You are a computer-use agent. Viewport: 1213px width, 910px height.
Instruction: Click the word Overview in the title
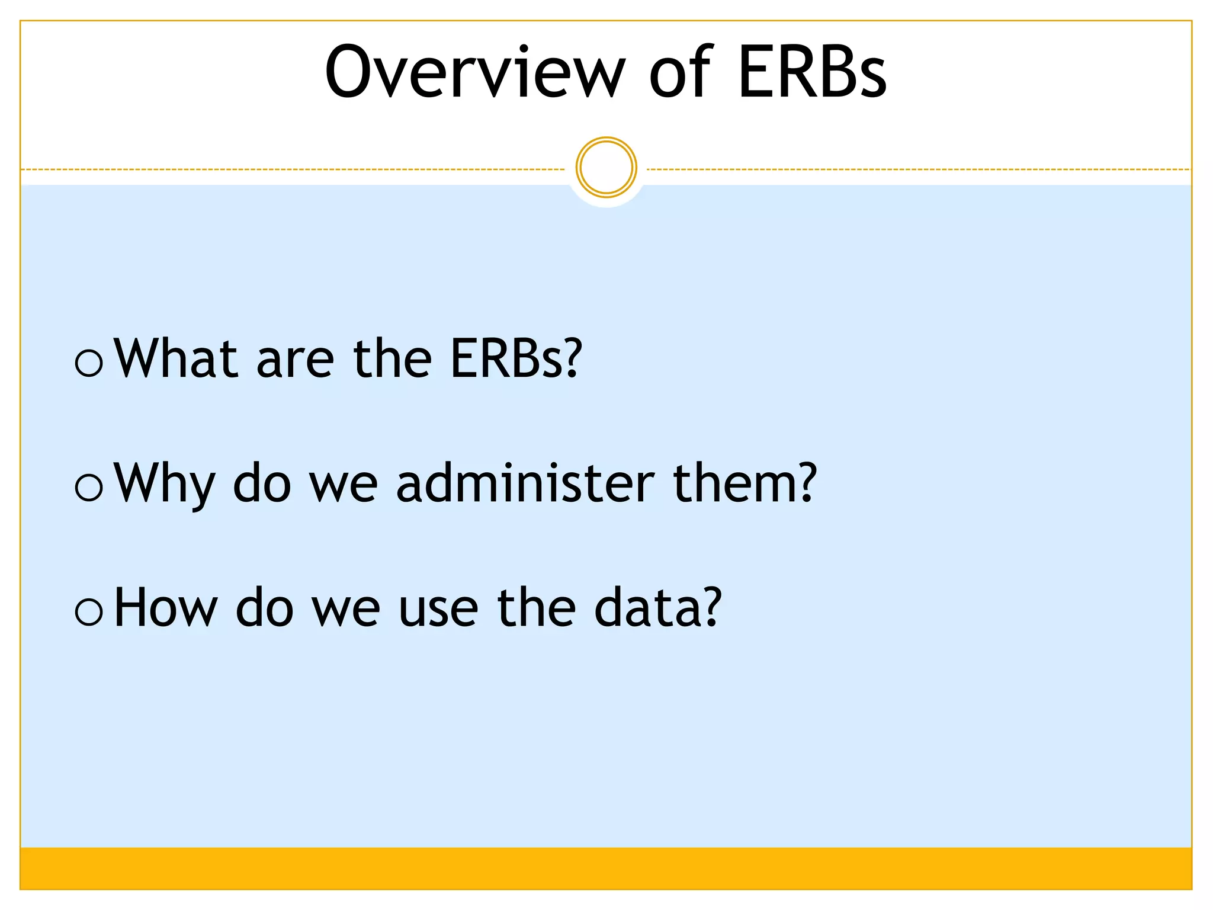click(x=474, y=72)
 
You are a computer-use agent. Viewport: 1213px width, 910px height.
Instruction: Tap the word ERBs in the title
click(x=812, y=72)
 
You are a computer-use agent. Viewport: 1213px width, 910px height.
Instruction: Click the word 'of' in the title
click(x=681, y=72)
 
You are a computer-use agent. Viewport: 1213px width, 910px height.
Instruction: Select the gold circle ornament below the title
click(x=606, y=168)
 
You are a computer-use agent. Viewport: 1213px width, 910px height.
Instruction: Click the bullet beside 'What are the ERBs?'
click(x=89, y=362)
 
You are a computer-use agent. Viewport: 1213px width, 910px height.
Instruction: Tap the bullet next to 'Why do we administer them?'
click(x=89, y=487)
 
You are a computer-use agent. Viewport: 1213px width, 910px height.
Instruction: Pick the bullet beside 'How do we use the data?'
click(x=89, y=612)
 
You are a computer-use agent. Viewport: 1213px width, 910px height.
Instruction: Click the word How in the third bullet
click(x=165, y=608)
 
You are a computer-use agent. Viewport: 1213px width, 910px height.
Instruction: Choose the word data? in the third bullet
click(x=657, y=608)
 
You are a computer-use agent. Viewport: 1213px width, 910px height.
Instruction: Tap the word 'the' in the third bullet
click(x=536, y=608)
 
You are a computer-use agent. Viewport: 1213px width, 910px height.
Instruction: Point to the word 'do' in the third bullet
click(x=264, y=608)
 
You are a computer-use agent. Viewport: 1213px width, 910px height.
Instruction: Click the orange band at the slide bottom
click(x=606, y=868)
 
